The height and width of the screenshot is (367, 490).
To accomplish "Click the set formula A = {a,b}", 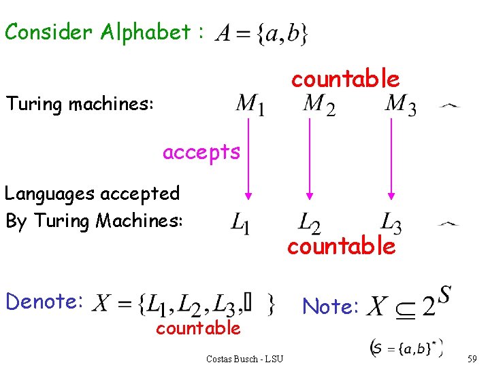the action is point(261,33).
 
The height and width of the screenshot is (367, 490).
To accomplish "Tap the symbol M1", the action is point(250,105).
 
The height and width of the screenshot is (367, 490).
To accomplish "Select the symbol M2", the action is point(318,105).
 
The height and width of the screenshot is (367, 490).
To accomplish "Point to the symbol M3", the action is point(400,105).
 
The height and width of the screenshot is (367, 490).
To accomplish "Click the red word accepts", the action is point(201,152).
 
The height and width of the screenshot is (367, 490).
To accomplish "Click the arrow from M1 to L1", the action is point(249,159).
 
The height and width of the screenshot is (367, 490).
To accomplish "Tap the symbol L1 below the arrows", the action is point(240,223).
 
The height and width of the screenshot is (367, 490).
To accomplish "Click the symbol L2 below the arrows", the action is point(310,223).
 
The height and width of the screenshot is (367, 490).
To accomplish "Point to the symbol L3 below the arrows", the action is point(391,222).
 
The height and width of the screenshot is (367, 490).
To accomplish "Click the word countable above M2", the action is point(345,80).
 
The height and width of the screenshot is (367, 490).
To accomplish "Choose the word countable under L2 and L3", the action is point(341,246).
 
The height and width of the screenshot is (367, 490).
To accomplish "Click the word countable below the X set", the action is point(198,328).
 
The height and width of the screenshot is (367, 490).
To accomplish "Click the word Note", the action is point(331,307).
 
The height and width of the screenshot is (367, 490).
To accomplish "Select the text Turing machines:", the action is point(80,105).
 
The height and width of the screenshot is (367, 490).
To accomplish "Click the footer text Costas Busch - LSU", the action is point(244,358).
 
